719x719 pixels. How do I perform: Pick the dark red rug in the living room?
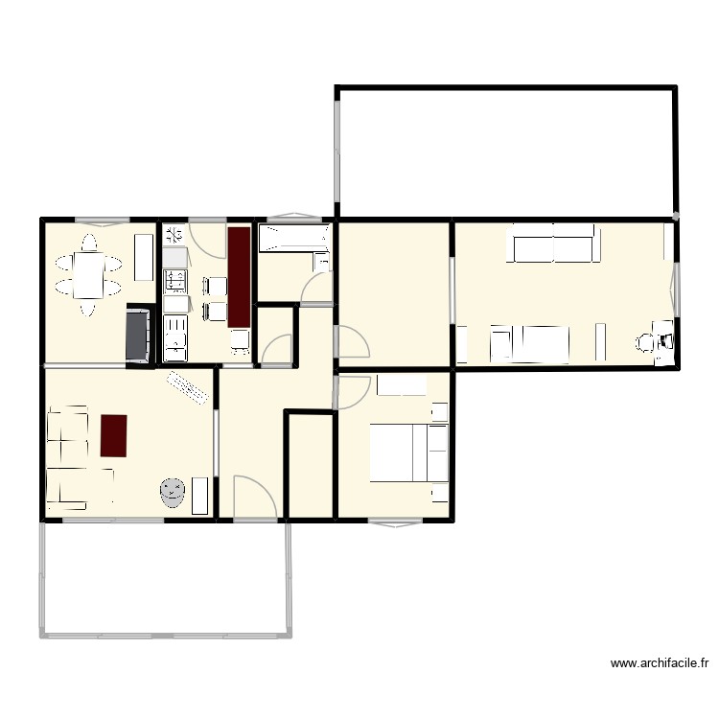coord(113,435)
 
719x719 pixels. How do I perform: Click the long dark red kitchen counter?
coord(239,276)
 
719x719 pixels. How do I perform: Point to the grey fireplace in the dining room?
coord(137,335)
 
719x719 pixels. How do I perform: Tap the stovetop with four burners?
coord(175,280)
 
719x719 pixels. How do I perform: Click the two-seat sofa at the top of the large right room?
coord(553,244)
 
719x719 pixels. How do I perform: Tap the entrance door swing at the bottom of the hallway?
coord(254,497)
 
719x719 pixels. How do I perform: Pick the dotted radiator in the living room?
coord(188,389)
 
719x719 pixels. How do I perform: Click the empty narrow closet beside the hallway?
coord(311,465)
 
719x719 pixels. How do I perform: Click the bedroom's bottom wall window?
coord(395,522)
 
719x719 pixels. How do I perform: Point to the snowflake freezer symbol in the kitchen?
coord(174,233)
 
